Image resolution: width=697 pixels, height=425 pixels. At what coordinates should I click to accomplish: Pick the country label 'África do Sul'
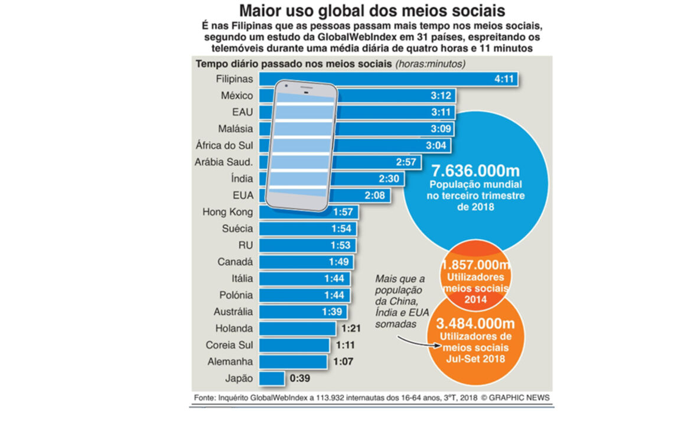point(224,145)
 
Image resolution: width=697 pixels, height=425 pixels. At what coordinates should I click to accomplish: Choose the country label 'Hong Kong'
point(227,212)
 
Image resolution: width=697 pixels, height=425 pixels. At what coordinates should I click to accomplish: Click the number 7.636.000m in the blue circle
point(476,171)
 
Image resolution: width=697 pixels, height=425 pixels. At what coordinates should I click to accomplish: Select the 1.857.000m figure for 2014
point(475,265)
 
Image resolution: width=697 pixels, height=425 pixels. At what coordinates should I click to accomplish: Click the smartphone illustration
point(301,145)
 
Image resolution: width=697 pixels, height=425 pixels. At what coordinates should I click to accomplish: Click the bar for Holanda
point(298,329)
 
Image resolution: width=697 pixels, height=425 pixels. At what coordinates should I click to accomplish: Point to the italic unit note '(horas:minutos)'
point(429,64)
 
